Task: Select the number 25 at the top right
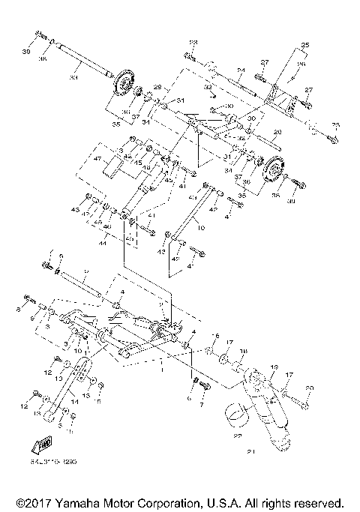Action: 304,46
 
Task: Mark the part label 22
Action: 238,436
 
